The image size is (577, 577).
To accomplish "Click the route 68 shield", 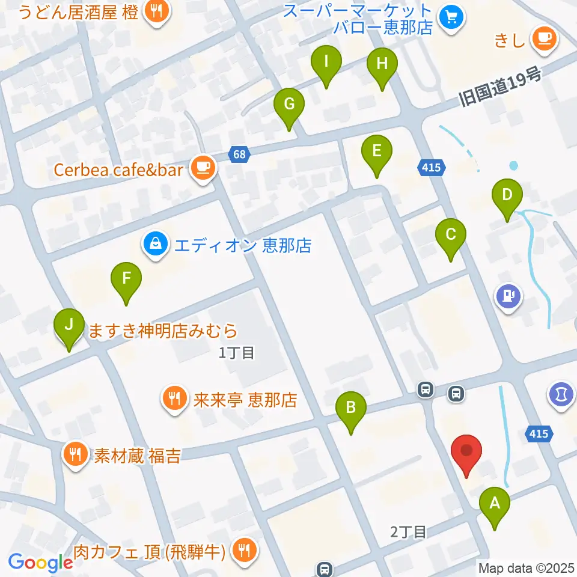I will click(239, 155).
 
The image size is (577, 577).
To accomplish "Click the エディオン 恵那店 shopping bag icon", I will click(155, 244).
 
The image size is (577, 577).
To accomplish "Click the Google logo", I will click(41, 562).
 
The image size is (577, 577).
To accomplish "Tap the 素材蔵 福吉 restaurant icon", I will click(75, 453).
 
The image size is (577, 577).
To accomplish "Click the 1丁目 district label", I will click(237, 353).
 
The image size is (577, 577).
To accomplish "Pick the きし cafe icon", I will click(545, 39).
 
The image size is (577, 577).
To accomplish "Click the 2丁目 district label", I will click(408, 531).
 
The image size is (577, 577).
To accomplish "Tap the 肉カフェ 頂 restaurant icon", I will click(244, 549).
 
